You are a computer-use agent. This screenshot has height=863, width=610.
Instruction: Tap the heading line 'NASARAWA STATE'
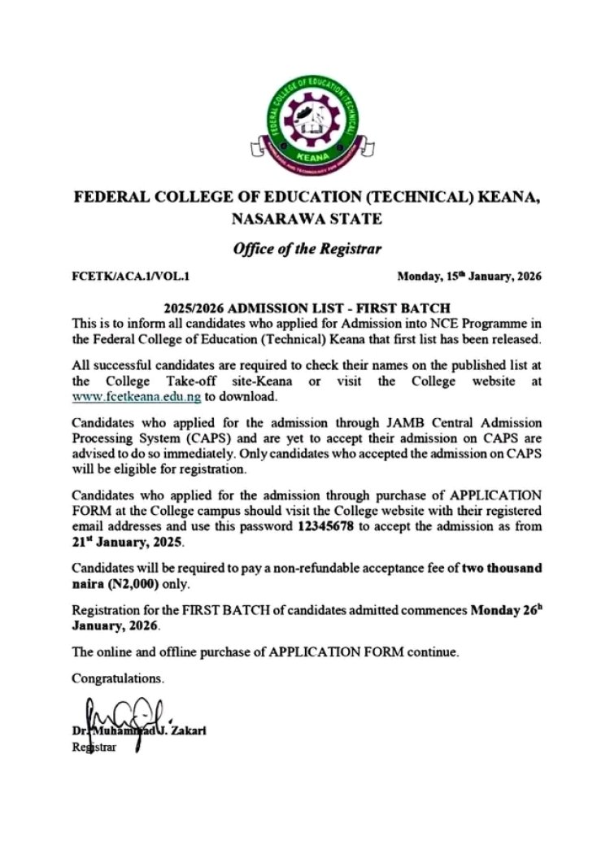click(x=306, y=219)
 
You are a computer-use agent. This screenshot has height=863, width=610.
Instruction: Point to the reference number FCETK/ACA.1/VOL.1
click(x=131, y=277)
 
